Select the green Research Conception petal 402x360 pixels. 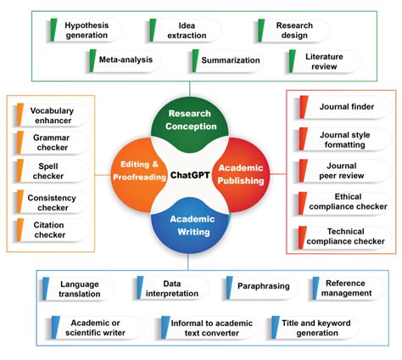point(189,121)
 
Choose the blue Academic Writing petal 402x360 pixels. point(190,225)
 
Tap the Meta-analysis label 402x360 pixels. point(127,61)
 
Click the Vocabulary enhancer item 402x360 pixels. point(53,115)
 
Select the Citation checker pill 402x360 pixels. point(53,228)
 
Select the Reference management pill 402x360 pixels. point(345,288)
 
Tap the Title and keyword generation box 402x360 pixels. point(315,327)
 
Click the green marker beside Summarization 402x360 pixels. point(194,61)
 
